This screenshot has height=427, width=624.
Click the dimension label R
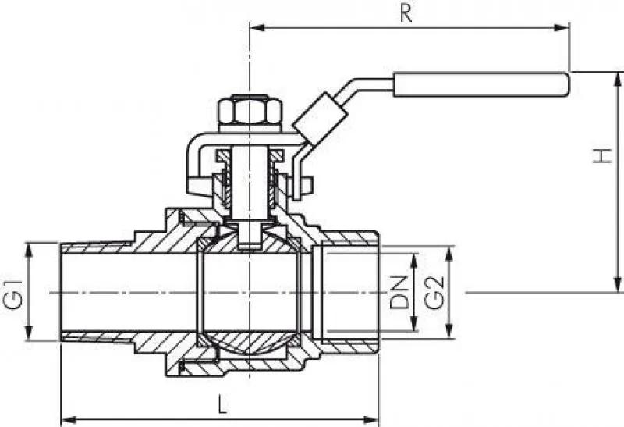coord(406,13)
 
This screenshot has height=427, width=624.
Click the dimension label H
coord(602,156)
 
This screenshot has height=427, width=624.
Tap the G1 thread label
coord(12,294)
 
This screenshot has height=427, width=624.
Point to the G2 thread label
coord(434,293)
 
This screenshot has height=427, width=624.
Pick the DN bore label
coord(399,292)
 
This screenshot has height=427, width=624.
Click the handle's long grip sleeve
coord(480,84)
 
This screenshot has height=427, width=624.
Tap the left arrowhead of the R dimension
coord(257,27)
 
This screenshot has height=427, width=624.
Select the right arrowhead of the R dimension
coord(562,27)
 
